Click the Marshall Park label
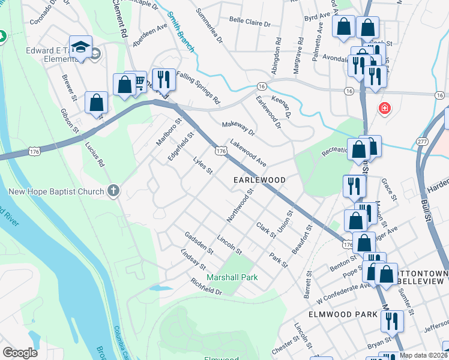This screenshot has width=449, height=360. tap(232, 277)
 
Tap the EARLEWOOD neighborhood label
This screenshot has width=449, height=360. tap(259, 180)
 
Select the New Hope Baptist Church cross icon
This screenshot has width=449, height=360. tap(113, 191)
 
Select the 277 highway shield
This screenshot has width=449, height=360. tap(423, 142)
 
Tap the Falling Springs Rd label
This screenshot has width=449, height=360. tap(199, 91)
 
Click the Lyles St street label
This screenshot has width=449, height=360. tap(203, 167)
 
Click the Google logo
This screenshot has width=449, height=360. tap(20, 353)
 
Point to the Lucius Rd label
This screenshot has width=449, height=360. tap(95, 155)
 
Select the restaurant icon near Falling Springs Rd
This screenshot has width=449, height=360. tap(163, 79)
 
